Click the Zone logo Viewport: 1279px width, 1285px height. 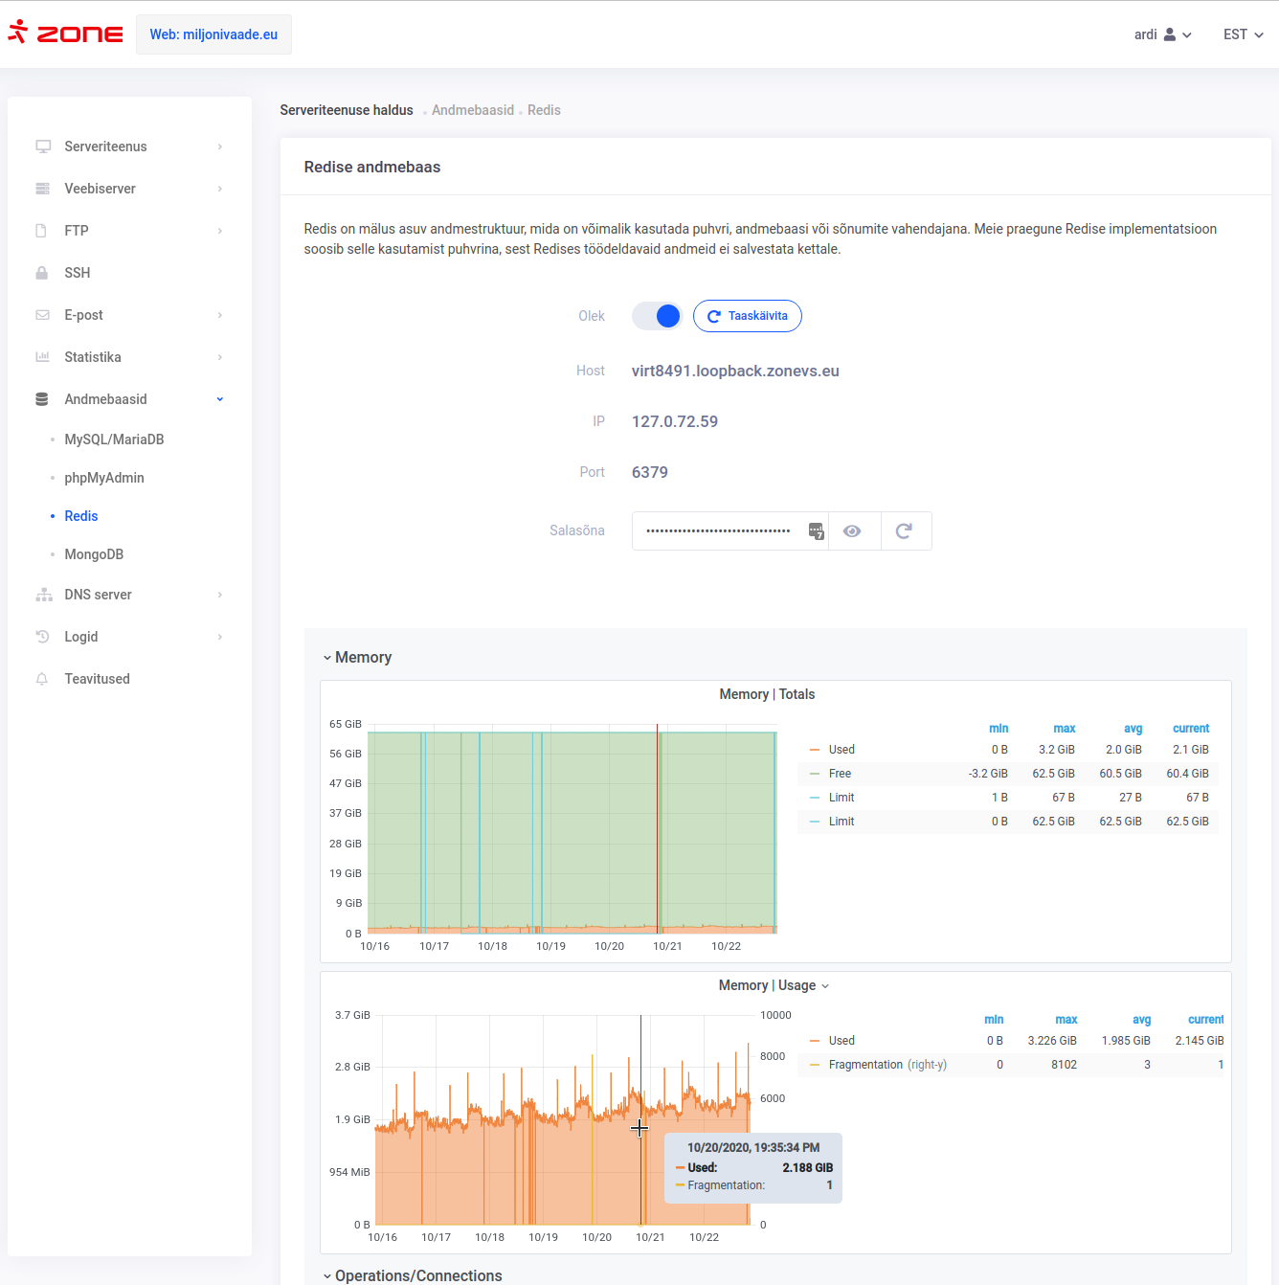pyautogui.click(x=65, y=33)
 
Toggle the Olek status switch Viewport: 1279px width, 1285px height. pyautogui.click(x=657, y=316)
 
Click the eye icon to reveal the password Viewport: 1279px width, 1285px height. pyautogui.click(x=852, y=530)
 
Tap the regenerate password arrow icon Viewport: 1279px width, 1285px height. pyautogui.click(x=904, y=530)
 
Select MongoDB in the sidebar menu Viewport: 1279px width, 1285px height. pyautogui.click(x=94, y=554)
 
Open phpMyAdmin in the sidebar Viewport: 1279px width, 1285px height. pyautogui.click(x=104, y=478)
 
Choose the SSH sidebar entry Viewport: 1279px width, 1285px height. pyautogui.click(x=77, y=273)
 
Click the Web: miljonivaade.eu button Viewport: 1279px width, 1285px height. pyautogui.click(x=213, y=34)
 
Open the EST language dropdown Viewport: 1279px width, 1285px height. pyautogui.click(x=1243, y=34)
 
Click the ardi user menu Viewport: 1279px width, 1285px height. pyautogui.click(x=1162, y=34)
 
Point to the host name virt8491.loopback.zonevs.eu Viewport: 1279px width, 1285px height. pyautogui.click(x=735, y=371)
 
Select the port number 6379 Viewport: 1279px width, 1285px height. pyautogui.click(x=649, y=472)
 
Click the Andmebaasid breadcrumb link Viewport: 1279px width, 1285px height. pyautogui.click(x=472, y=110)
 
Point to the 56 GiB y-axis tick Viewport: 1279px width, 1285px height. pyautogui.click(x=346, y=754)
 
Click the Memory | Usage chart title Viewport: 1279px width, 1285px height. pyautogui.click(x=767, y=985)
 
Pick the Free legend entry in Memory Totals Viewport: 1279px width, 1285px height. pyautogui.click(x=840, y=774)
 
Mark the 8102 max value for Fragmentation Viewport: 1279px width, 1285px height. pyautogui.click(x=1064, y=1064)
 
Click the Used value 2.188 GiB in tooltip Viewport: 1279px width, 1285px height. pyautogui.click(x=808, y=1167)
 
